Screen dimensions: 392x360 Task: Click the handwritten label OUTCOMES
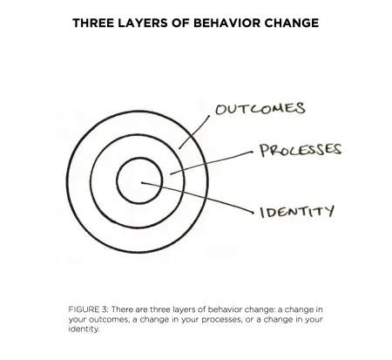[x=260, y=109]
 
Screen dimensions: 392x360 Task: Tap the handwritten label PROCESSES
[x=301, y=150]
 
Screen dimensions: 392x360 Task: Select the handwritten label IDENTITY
[x=297, y=211]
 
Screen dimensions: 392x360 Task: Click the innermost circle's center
[x=139, y=180]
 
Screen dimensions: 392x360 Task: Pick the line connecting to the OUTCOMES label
[x=194, y=133]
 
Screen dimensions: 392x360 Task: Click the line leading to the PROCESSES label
[x=212, y=162]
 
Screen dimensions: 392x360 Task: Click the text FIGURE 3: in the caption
[x=88, y=309]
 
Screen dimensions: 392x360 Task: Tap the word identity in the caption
[x=84, y=329]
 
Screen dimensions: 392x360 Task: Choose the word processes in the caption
[x=223, y=319]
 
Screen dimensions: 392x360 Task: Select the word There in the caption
[x=122, y=309]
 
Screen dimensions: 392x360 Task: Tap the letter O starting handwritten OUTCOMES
[x=221, y=110]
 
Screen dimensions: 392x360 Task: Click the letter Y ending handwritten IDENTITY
[x=329, y=211]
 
